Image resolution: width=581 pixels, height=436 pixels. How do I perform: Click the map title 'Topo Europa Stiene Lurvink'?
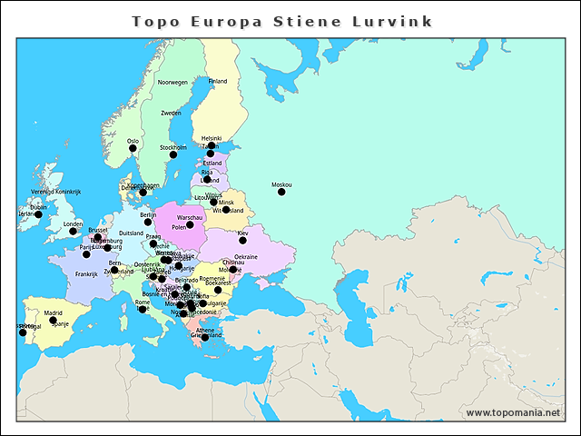281,21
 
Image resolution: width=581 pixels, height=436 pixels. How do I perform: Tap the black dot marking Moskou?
281,192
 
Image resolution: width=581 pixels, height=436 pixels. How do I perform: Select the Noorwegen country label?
172,83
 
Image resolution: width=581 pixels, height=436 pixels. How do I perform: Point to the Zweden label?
171,114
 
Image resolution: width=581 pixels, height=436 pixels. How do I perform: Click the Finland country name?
218,82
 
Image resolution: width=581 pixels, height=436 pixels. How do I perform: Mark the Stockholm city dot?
173,154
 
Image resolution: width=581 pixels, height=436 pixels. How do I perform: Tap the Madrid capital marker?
53,320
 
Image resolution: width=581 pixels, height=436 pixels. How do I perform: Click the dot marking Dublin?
38,214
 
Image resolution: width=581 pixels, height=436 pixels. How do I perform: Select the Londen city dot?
74,231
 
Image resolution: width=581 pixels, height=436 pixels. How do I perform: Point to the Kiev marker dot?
242,240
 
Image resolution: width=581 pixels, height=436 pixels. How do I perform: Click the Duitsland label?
132,233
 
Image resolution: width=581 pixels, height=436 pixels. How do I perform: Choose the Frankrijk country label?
86,274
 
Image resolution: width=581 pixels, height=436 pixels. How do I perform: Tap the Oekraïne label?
246,257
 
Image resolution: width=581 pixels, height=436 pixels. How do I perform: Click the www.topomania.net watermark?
513,412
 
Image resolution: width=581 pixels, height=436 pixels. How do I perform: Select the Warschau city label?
191,218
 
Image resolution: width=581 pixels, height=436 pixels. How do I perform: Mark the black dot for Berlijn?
148,222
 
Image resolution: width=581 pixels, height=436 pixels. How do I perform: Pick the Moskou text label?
281,184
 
